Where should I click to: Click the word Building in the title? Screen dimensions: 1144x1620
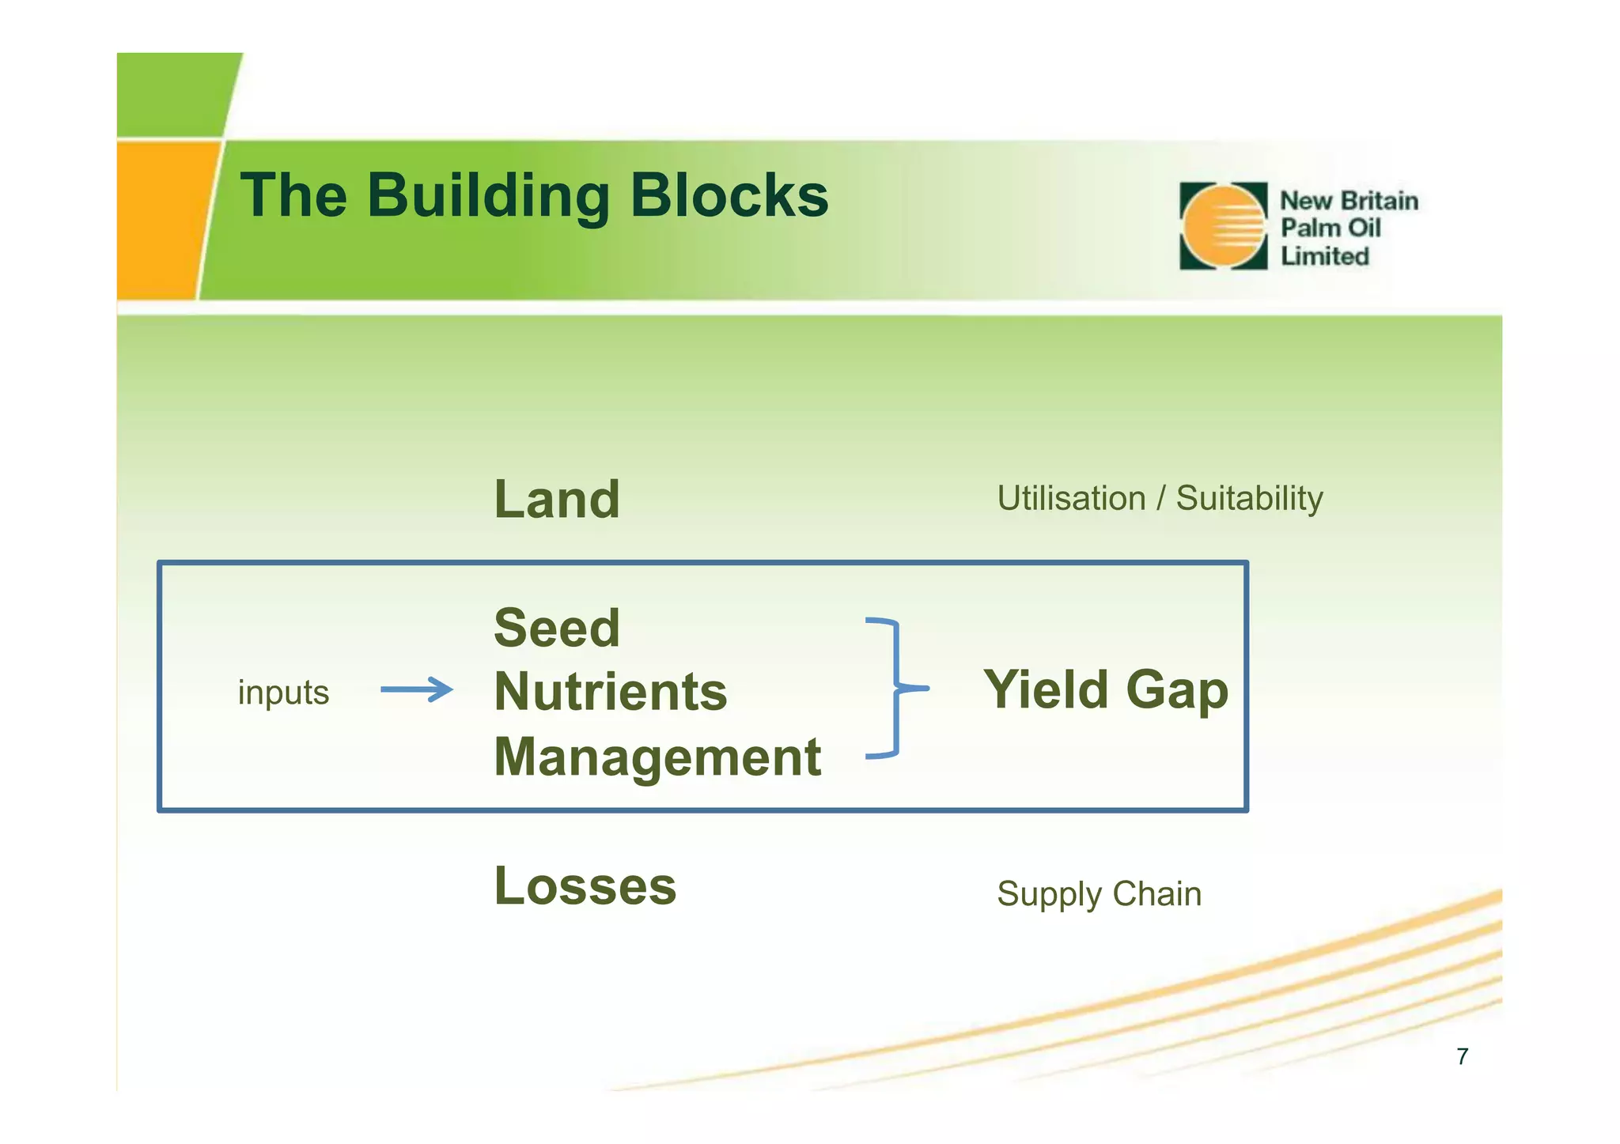488,196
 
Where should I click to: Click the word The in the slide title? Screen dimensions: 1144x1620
293,195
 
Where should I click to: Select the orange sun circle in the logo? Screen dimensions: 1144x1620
1223,226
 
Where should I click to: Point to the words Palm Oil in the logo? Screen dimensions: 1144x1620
1330,228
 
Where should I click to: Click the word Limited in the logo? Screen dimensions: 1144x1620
1325,256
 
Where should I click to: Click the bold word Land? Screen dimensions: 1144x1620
557,500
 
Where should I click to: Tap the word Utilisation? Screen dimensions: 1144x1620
1071,499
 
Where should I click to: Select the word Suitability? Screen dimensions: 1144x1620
1249,499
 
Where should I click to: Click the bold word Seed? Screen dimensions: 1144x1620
557,628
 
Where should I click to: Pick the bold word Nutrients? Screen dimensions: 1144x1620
610,692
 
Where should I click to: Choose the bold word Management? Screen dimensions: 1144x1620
657,757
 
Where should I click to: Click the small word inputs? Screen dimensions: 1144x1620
283,693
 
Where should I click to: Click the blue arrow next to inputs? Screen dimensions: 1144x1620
417,689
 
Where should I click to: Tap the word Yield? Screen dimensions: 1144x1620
1046,689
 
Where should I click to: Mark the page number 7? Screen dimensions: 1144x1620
1462,1056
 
